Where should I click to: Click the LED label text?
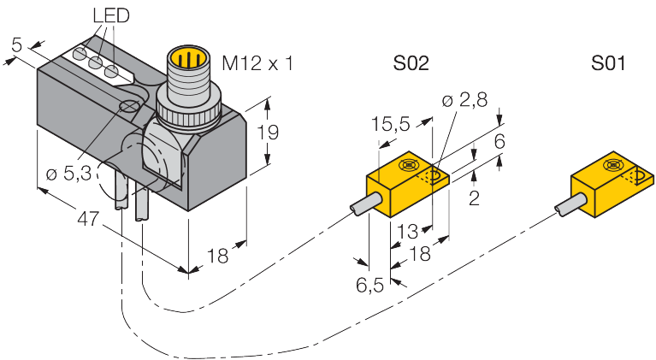tap(111, 16)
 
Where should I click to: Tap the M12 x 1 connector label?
tap(257, 64)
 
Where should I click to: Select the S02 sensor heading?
tap(411, 63)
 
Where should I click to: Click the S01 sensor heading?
tap(608, 63)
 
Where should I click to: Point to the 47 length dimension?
tap(88, 219)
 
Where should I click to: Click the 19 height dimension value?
tap(268, 133)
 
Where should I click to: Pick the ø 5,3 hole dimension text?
tap(68, 173)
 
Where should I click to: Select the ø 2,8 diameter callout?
tap(464, 100)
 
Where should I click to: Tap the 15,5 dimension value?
tap(391, 125)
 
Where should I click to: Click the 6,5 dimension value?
tap(369, 285)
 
